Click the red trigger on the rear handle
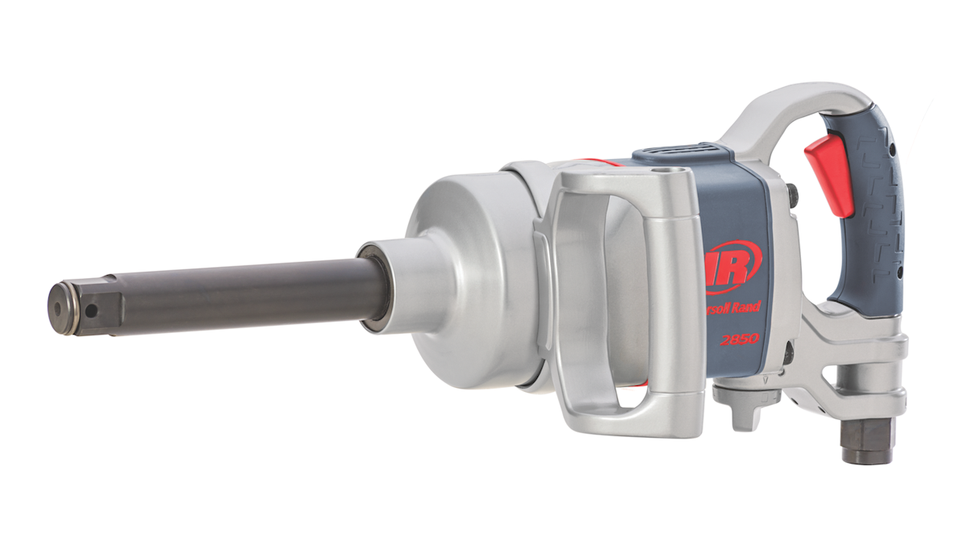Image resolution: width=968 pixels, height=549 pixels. pos(841,173)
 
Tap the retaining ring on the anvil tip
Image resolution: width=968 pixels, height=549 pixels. pos(75,306)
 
